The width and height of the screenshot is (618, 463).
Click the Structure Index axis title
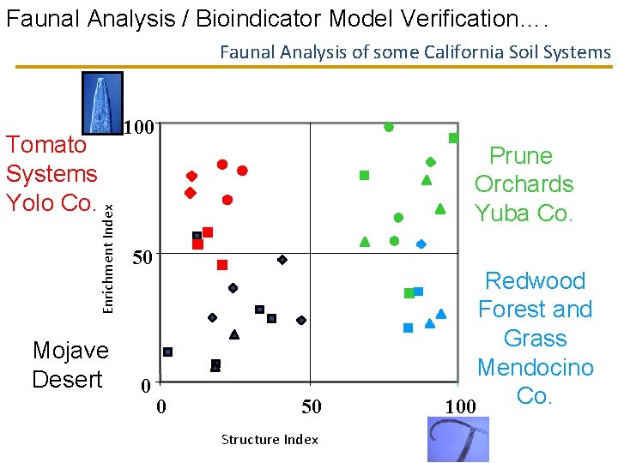tap(270, 440)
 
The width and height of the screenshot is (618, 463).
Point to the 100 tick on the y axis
tap(138, 129)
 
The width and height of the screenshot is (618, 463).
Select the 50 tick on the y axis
tap(141, 257)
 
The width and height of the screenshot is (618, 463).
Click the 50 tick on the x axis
tap(311, 406)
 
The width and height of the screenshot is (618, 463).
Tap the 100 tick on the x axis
tap(460, 406)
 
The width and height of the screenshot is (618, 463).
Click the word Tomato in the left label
tap(46, 144)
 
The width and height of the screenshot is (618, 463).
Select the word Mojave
tap(70, 350)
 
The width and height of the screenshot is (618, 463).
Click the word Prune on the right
tap(520, 155)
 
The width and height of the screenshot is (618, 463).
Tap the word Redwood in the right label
tap(535, 280)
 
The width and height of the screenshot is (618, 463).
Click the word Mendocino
tap(535, 367)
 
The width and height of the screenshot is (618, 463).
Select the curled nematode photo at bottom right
tap(457, 439)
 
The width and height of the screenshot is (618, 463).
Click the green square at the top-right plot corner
tap(453, 138)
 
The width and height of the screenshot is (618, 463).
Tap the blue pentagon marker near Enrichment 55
tap(421, 244)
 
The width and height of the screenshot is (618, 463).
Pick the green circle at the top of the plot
tap(389, 127)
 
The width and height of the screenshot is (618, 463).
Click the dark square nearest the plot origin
tap(168, 352)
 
